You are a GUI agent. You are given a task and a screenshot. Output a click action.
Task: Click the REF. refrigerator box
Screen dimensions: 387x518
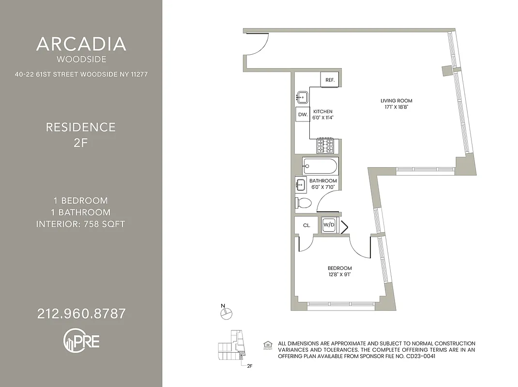point(330,80)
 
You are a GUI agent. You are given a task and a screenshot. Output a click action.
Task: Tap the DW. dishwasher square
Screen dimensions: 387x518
point(303,115)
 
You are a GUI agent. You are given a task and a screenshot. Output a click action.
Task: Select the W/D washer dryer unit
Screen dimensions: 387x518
point(329,225)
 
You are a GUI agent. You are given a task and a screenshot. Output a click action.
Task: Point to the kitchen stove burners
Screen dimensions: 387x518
point(326,146)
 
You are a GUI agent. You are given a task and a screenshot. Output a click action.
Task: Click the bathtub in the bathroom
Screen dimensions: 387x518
point(320,166)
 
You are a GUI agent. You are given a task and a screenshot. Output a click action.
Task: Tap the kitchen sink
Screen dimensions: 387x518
point(302,97)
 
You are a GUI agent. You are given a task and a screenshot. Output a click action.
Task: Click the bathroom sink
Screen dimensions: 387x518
point(301,184)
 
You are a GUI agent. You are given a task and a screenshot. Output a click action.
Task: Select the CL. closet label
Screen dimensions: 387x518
point(306,225)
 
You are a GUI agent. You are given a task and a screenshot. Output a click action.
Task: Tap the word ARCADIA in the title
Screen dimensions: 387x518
point(81,45)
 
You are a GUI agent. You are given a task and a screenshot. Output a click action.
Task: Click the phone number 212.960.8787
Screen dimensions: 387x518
point(81,313)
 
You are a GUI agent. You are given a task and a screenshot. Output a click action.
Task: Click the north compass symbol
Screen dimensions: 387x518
point(226,313)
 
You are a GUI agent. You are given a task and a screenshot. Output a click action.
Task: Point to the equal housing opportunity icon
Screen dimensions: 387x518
point(267,346)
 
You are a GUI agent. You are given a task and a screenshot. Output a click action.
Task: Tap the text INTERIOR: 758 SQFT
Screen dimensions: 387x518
point(81,224)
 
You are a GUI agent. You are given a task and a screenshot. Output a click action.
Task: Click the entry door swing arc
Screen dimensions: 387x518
point(260,45)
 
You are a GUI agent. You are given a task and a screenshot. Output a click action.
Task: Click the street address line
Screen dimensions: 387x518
point(81,74)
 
